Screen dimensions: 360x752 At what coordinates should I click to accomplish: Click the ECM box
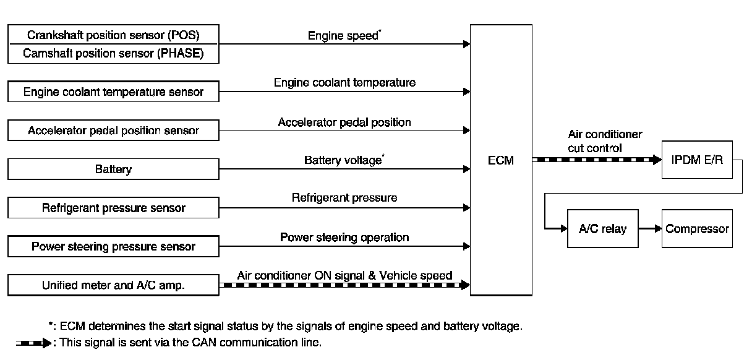501,161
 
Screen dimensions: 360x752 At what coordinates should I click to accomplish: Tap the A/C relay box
602,229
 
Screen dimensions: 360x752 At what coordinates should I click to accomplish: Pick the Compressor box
697,229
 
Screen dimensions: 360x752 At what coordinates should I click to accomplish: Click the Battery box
113,169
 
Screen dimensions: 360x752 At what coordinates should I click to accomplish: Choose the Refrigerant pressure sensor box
113,208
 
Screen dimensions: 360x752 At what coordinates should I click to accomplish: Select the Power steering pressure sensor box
113,246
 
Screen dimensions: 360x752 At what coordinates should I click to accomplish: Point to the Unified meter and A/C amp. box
113,285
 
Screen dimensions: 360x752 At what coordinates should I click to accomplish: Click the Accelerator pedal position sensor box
113,131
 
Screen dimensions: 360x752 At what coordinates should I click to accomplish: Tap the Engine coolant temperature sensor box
113,92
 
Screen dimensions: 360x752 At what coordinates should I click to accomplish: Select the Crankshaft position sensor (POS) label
113,34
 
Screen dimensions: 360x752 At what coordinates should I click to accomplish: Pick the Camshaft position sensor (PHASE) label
113,54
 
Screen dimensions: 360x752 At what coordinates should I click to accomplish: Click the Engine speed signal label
344,35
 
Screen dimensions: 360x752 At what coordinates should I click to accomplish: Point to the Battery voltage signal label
344,160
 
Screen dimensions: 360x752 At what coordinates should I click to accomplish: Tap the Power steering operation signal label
344,237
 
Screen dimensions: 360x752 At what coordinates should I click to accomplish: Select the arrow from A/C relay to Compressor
649,229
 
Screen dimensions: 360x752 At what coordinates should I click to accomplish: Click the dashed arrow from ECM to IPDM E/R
597,160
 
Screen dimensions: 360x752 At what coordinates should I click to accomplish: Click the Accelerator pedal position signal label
344,122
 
